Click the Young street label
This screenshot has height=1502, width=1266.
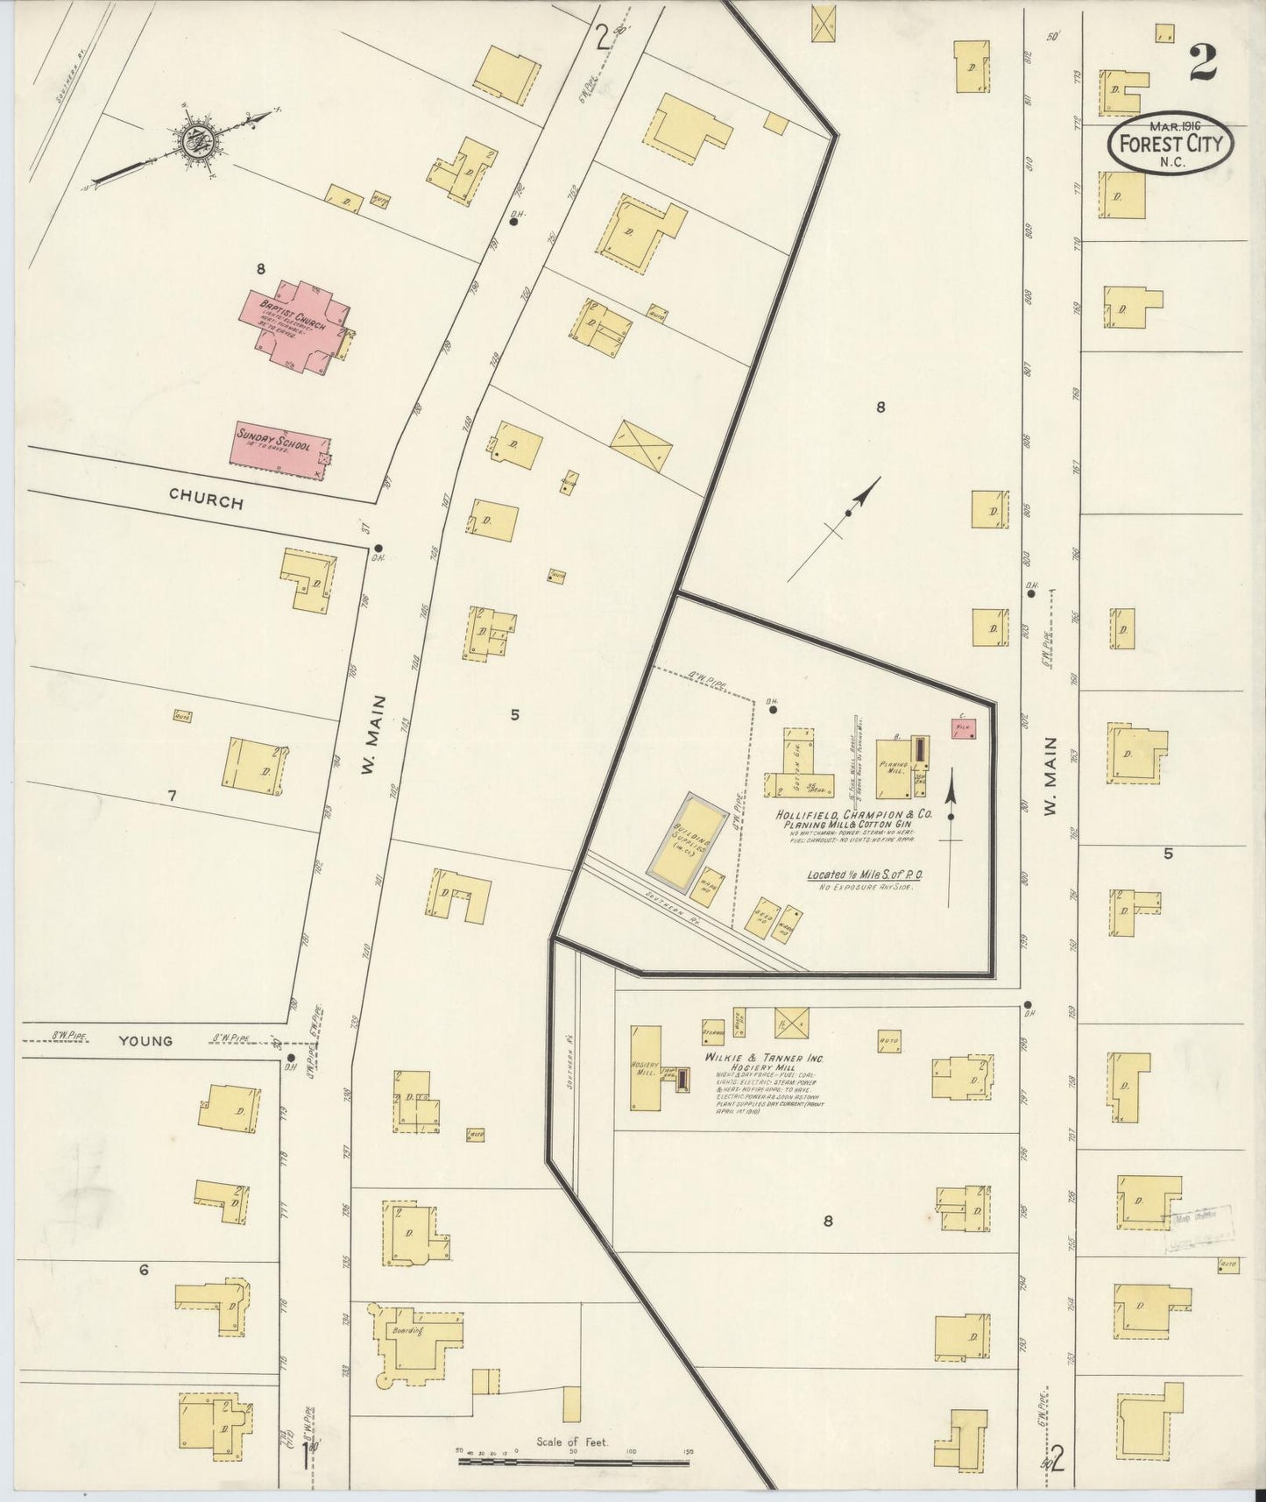[x=145, y=1041]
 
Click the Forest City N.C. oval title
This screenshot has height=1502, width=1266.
[x=1171, y=145]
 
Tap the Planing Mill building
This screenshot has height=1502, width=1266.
[x=895, y=769]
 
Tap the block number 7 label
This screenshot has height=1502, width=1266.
[x=172, y=796]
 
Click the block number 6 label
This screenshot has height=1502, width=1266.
[x=144, y=1268]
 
